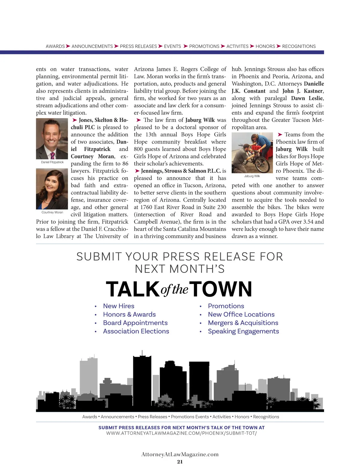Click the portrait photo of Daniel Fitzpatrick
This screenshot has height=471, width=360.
tap(52, 139)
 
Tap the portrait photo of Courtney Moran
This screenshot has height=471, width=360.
tap(52, 189)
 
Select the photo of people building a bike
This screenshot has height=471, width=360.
tap(252, 153)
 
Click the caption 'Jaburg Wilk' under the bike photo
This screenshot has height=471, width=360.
tap(252, 176)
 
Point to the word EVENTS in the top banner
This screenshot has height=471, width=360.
tap(172, 47)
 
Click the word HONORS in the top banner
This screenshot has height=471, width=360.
tap(265, 47)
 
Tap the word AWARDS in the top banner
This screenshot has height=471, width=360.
tap(55, 47)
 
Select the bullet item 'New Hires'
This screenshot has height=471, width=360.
tap(118, 306)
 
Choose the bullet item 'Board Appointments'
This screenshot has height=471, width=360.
tap(135, 323)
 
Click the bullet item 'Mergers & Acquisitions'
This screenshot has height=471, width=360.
tap(243, 323)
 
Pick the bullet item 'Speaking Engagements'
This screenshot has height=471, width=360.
tap(243, 331)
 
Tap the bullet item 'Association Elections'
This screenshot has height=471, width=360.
tap(136, 331)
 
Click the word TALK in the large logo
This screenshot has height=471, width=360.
tap(133, 289)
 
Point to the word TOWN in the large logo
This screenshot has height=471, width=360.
tap(220, 289)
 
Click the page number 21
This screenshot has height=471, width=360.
tap(180, 462)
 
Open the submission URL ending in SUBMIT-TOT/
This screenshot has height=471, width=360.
tap(181, 433)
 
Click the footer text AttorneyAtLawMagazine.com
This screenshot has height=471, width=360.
tap(180, 454)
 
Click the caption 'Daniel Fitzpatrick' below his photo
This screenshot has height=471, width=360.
tap(52, 162)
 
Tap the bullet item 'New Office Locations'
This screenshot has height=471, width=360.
tap(241, 314)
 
